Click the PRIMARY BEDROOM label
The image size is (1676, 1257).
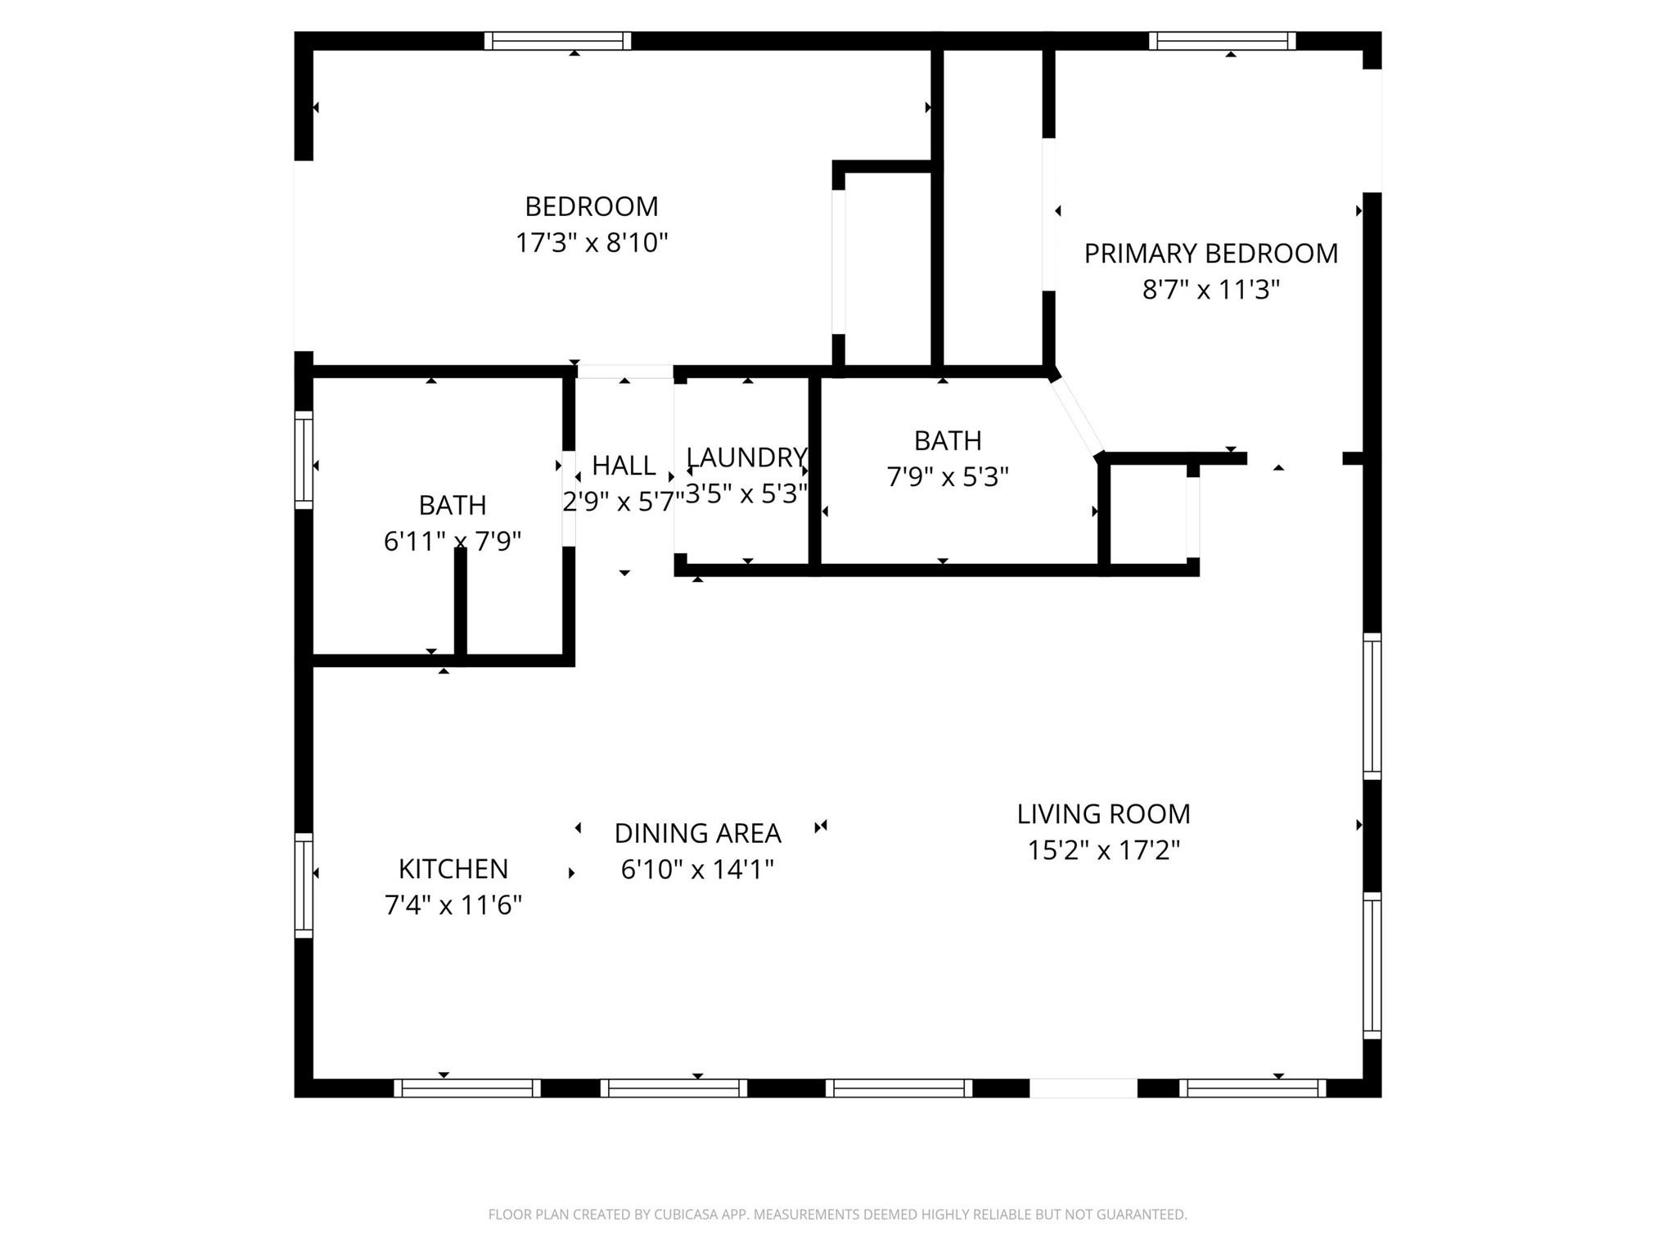coord(1210,254)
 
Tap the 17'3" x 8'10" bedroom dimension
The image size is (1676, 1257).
coord(591,243)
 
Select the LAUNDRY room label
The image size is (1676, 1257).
coord(746,457)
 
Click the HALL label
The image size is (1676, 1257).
coord(624,466)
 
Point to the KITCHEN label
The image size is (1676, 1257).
coord(453,868)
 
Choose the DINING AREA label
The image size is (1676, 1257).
coord(697,833)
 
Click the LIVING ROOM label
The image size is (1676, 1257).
coord(1103,814)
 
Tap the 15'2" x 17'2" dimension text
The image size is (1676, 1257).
coord(1103,851)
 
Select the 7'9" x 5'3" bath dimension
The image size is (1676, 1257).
coord(948,477)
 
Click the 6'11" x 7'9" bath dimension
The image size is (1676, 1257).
coord(453,541)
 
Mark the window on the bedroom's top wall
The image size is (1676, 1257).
coord(557,41)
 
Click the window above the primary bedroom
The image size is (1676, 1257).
coord(1222,41)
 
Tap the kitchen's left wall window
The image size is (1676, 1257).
coord(304,885)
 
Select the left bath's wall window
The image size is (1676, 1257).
coord(304,460)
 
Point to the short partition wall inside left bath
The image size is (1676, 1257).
coord(461,601)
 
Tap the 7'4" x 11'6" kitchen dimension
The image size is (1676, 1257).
coord(453,905)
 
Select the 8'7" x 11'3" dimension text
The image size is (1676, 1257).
coord(1210,290)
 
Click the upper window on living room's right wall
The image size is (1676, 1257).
coord(1372,705)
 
